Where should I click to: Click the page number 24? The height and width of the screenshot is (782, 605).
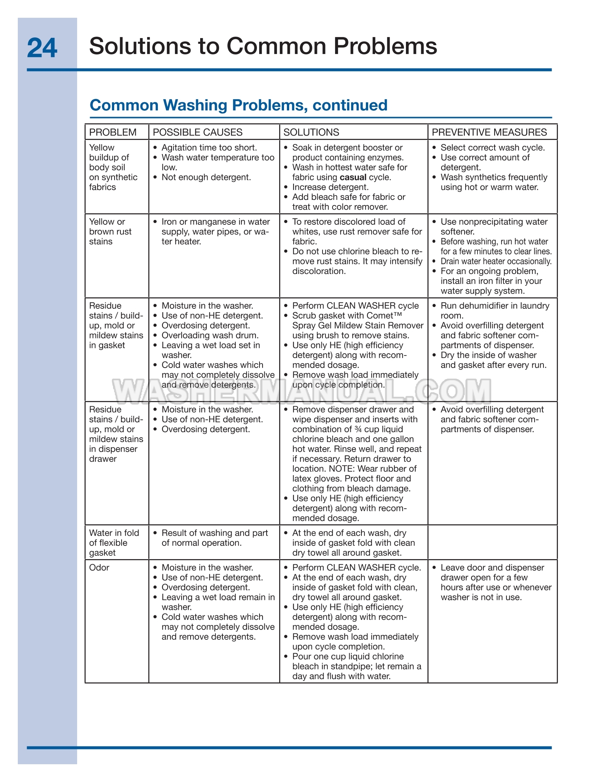pyautogui.click(x=42, y=48)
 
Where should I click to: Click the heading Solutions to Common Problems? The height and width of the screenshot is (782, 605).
pyautogui.click(x=263, y=46)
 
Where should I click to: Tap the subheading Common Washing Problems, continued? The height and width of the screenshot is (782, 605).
pyautogui.click(x=238, y=105)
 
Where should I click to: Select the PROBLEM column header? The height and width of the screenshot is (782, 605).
pyautogui.click(x=113, y=132)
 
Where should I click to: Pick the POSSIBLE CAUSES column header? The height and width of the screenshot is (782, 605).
pyautogui.click(x=198, y=132)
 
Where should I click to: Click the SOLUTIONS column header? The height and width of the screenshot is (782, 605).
pyautogui.click(x=311, y=132)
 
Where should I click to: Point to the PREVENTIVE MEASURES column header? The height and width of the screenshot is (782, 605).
pyautogui.click(x=489, y=132)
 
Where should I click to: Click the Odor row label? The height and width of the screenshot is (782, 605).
pyautogui.click(x=99, y=568)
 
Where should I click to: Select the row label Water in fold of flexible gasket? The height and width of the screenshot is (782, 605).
pyautogui.click(x=114, y=543)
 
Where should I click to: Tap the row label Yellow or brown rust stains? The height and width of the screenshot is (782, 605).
pyautogui.click(x=110, y=231)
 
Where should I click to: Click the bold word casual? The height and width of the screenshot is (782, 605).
pyautogui.click(x=353, y=177)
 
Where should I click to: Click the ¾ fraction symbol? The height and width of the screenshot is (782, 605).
pyautogui.click(x=358, y=430)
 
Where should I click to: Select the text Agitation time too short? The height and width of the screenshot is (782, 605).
pyautogui.click(x=209, y=148)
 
